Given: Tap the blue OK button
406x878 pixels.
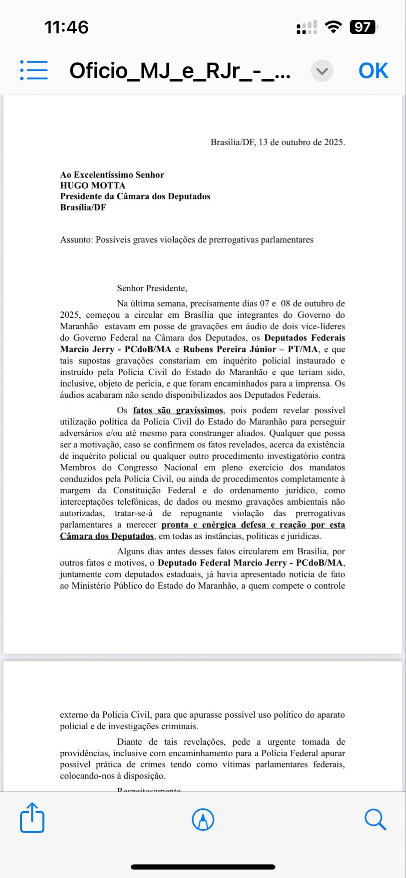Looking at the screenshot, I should point(373,71).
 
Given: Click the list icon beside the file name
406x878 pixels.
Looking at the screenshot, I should point(34,70).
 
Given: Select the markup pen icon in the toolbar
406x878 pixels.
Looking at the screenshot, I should point(203,819).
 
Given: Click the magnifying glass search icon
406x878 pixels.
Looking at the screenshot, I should point(375,820).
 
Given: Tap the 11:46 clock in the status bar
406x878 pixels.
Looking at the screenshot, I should point(66,27).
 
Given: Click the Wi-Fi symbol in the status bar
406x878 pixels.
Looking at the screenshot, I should point(333,27).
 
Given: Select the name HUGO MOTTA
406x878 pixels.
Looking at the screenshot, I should point(93,186).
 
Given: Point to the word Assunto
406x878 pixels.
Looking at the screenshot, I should point(76,240).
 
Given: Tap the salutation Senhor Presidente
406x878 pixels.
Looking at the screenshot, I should point(152,289).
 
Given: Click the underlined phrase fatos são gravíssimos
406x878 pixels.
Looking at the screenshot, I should point(177,411).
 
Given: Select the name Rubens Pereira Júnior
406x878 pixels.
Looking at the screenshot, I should point(229,349).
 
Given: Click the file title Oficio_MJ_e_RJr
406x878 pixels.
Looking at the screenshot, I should point(180,71).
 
